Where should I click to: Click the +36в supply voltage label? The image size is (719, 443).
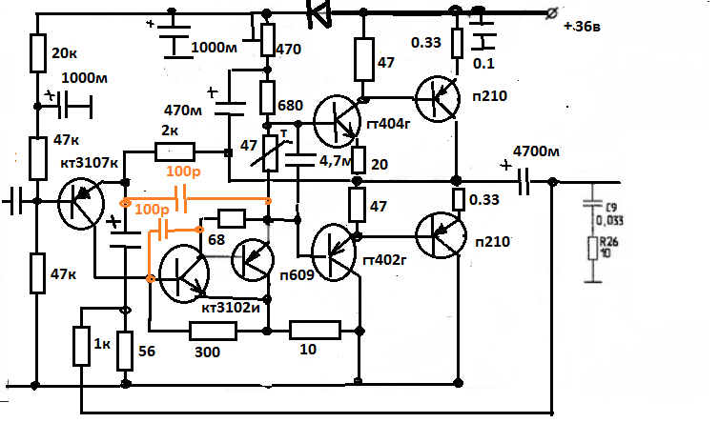point(590,27)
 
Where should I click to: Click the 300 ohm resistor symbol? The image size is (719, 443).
point(213,331)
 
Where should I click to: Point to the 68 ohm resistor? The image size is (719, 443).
point(232,216)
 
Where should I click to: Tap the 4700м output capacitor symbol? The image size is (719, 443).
point(524,182)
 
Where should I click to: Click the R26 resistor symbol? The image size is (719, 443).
point(593,250)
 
